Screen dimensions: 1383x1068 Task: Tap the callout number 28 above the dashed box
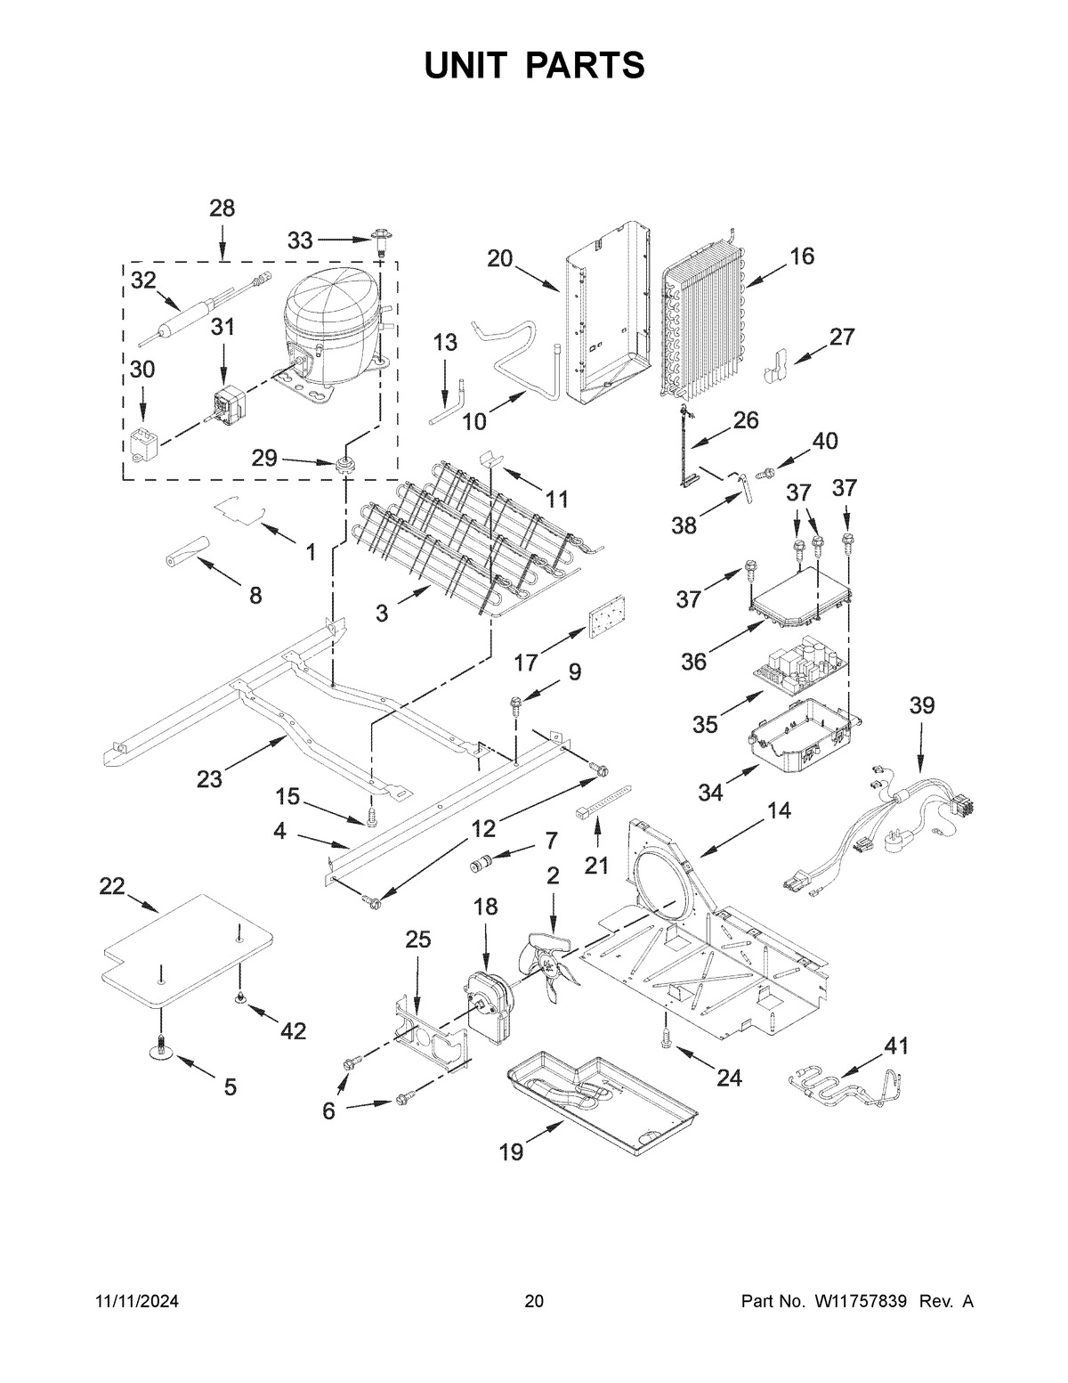point(222,209)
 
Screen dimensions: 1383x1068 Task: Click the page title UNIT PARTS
point(534,67)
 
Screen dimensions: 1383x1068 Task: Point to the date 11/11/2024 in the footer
point(137,1302)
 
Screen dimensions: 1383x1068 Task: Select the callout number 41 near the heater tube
point(896,1047)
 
